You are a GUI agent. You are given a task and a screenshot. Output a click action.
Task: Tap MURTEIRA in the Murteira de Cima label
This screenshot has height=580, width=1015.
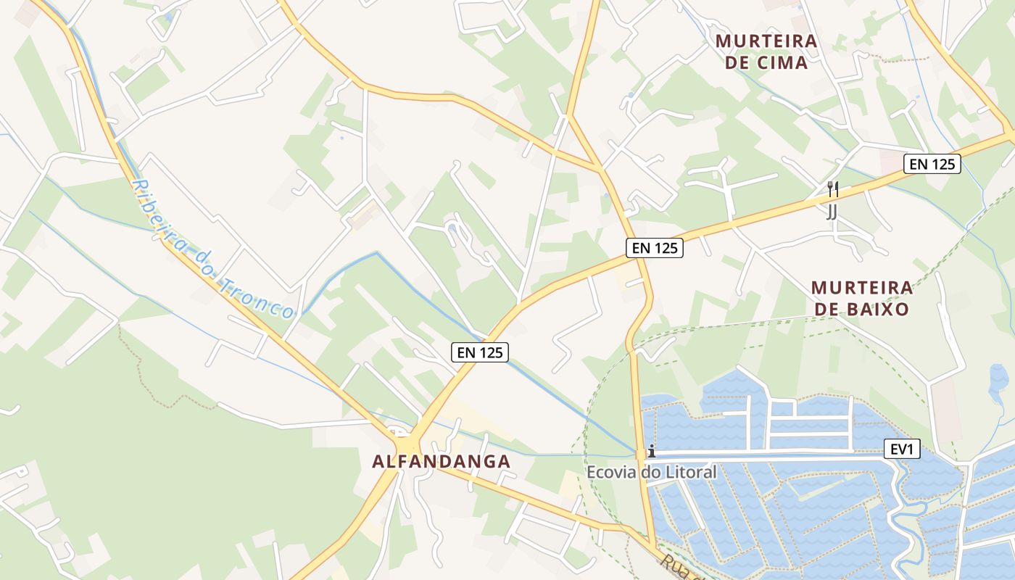766,41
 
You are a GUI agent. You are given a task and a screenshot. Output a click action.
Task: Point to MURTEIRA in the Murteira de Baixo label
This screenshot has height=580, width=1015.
862,288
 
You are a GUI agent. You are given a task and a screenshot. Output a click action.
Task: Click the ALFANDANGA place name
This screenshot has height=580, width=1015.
441,462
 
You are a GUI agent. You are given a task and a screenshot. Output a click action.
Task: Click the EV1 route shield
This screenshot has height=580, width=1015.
901,449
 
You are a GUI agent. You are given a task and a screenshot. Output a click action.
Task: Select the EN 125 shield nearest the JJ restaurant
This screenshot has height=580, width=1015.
932,164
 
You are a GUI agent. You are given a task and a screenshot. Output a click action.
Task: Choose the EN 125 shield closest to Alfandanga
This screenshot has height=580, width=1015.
480,352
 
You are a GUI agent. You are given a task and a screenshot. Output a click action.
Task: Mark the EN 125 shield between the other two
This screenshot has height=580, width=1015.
655,247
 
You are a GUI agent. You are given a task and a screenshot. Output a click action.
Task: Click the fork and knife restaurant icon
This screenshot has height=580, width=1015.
833,190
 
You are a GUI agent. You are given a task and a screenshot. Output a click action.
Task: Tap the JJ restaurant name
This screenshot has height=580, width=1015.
832,212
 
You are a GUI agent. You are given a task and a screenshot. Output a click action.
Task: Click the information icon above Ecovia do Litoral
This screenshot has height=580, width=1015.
651,451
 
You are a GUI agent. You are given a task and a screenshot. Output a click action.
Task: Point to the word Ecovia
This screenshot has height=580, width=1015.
610,473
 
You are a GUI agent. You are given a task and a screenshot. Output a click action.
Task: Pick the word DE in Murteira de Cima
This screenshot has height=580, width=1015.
737,62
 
